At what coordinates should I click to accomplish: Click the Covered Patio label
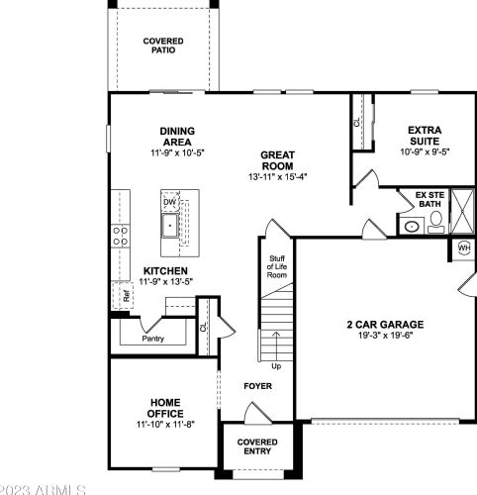(162, 45)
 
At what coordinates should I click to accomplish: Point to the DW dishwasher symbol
(170, 202)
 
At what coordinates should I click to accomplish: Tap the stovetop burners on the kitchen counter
(121, 235)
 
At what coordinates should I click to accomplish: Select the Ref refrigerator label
(127, 294)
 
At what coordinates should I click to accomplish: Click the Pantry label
(152, 339)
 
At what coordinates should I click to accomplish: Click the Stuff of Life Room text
(278, 265)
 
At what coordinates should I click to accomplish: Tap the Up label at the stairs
(276, 365)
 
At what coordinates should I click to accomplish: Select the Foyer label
(259, 385)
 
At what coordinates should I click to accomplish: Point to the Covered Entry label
(258, 445)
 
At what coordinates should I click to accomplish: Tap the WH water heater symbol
(464, 247)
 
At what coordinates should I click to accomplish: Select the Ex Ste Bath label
(430, 200)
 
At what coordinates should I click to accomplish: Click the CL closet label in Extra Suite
(357, 124)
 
